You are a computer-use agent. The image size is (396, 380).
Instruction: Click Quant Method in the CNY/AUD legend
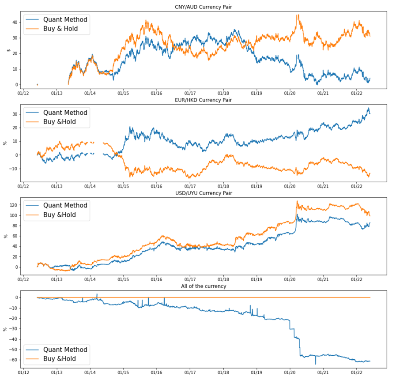point(65,19)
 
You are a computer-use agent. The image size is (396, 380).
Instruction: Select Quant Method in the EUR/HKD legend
point(65,113)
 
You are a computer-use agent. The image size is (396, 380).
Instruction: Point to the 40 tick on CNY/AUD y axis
point(15,22)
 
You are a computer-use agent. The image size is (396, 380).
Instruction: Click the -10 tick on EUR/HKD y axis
point(13,169)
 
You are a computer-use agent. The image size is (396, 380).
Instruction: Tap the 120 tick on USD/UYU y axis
point(13,205)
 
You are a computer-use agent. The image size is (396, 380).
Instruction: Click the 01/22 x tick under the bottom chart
point(357,373)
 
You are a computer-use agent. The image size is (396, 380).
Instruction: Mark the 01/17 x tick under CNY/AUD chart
point(190,94)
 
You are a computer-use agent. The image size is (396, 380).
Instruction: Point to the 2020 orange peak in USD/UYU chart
point(297,201)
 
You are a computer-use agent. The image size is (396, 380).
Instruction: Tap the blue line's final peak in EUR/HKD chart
point(369,108)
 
